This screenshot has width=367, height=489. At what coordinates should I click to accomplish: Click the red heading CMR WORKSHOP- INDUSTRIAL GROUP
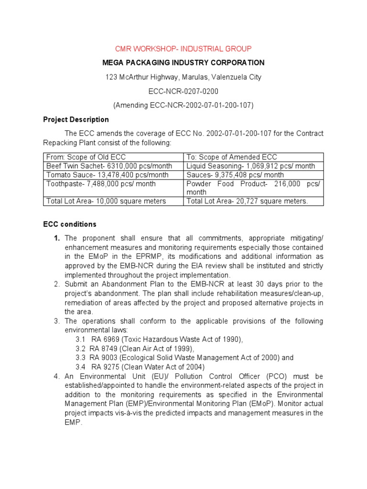183,49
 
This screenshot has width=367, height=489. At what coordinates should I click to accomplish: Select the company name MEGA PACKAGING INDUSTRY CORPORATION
183,63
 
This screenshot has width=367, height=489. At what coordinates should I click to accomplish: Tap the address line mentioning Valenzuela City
183,77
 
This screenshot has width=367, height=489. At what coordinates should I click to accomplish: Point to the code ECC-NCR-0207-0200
183,91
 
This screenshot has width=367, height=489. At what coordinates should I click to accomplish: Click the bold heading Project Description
76,119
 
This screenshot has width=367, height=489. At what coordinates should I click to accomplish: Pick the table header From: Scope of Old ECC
86,157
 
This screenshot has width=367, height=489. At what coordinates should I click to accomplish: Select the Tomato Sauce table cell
107,175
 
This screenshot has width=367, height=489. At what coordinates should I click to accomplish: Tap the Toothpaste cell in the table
101,183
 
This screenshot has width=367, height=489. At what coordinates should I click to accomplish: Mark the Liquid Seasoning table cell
251,166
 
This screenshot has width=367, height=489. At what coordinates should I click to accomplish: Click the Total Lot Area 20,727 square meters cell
248,201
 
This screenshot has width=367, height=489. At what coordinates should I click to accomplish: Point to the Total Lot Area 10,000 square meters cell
106,201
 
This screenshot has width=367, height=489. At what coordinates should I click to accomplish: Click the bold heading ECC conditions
70,224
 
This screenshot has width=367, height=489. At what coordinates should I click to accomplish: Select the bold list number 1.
56,238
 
